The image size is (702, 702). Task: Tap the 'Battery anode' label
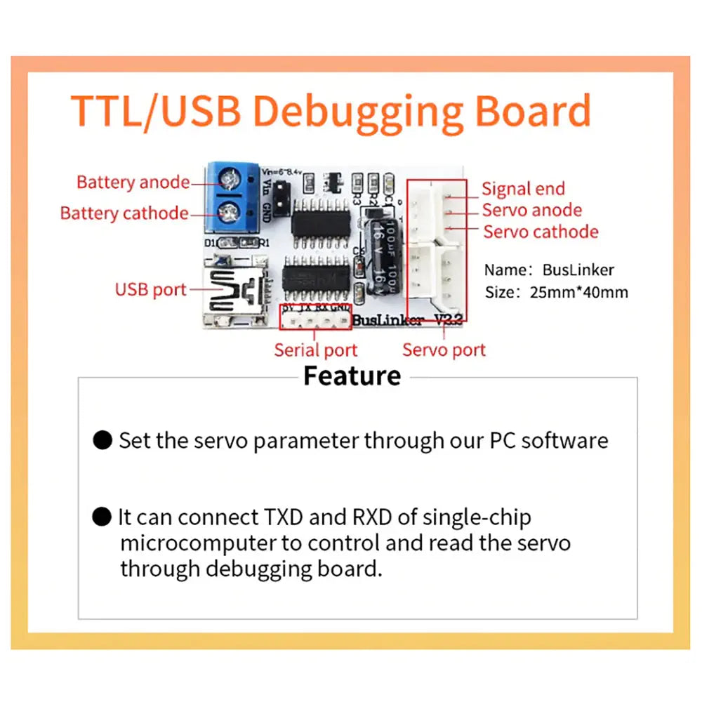coord(133,183)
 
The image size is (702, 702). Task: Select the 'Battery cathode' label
coord(124,213)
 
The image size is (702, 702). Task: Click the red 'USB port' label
coord(150,289)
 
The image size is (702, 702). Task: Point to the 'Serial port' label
coord(315,350)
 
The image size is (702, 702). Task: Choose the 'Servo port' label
coord(444,350)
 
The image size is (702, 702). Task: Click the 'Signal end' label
coord(523,189)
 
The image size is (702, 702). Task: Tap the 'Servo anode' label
coord(531,211)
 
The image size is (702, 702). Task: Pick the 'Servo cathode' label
coord(541,232)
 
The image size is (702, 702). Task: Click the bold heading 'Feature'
coord(352,376)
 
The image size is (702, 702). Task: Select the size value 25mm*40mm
coord(578,292)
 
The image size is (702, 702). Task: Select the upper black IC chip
coord(320,220)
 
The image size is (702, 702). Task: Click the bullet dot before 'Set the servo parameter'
coord(102,441)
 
